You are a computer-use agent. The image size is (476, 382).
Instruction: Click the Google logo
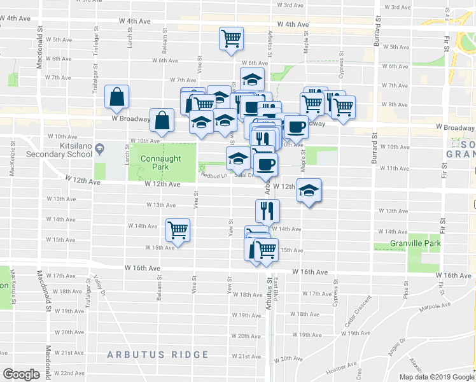[x=21, y=374]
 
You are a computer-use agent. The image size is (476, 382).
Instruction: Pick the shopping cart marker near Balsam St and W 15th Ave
[x=178, y=230]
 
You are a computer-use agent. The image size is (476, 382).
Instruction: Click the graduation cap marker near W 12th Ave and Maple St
[x=309, y=190]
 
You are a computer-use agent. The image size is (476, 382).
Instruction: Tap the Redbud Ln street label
[x=213, y=175]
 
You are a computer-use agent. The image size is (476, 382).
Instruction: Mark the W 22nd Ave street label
[x=69, y=373]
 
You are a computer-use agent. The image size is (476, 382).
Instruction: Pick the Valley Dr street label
[x=98, y=280]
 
